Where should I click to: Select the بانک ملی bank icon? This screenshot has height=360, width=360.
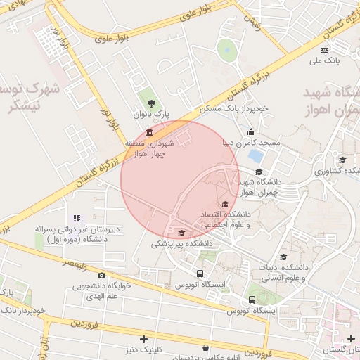click(324, 50)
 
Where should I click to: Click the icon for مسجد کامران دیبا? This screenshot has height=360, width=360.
click(252, 131)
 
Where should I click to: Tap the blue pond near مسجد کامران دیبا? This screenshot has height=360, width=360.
click(257, 154)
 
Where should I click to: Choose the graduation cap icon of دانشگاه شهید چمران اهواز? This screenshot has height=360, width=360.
click(258, 172)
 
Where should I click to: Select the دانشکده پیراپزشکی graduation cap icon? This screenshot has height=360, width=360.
click(182, 233)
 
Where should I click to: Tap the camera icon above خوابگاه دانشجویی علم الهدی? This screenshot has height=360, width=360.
click(101, 275)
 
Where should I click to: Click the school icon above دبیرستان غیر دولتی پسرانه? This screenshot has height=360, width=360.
click(77, 218)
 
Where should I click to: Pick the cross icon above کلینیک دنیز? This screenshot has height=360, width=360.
click(144, 339)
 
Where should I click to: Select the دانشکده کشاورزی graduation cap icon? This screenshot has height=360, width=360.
click(342, 160)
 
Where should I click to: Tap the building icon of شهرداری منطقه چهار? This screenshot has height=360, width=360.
click(149, 133)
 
